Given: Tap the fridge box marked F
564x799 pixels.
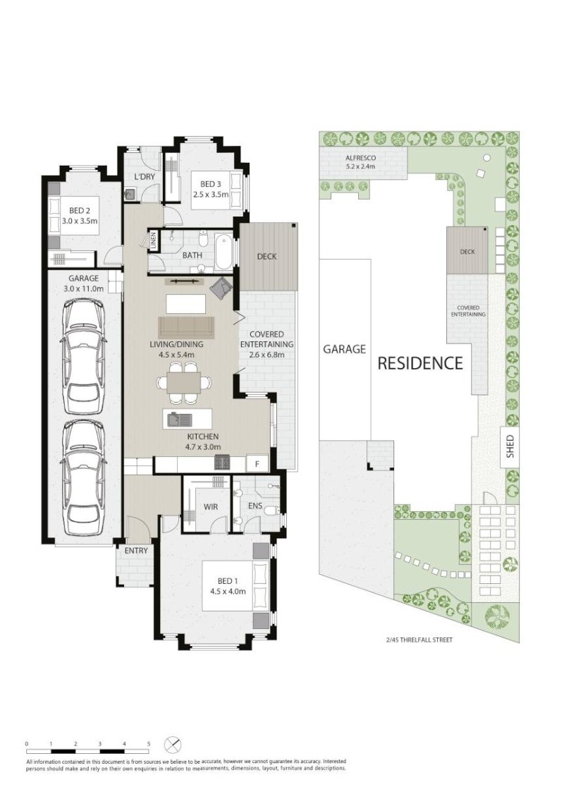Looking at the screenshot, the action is (x=257, y=464).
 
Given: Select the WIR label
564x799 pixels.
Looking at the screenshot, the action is (x=210, y=508).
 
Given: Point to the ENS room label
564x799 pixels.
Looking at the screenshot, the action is (x=255, y=506).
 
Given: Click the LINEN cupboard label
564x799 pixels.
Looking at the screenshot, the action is (x=154, y=241).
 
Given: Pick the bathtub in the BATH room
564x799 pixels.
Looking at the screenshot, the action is (x=223, y=252).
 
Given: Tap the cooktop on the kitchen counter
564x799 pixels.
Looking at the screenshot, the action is (x=223, y=462).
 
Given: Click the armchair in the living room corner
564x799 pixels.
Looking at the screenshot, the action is (x=222, y=288).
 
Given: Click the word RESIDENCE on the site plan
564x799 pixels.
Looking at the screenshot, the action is (x=420, y=363).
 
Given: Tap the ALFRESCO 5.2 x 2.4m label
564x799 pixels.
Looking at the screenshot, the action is (x=360, y=162).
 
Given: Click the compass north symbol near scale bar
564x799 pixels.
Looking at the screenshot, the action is (x=173, y=745).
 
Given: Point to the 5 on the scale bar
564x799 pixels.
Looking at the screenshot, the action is (x=149, y=744).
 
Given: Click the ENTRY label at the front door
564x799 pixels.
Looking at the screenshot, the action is (x=136, y=550).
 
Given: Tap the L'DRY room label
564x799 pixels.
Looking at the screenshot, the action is (x=145, y=177).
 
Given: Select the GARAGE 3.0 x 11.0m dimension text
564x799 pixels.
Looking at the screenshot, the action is (x=84, y=283).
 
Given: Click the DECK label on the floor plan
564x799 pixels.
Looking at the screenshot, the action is (x=266, y=256).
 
